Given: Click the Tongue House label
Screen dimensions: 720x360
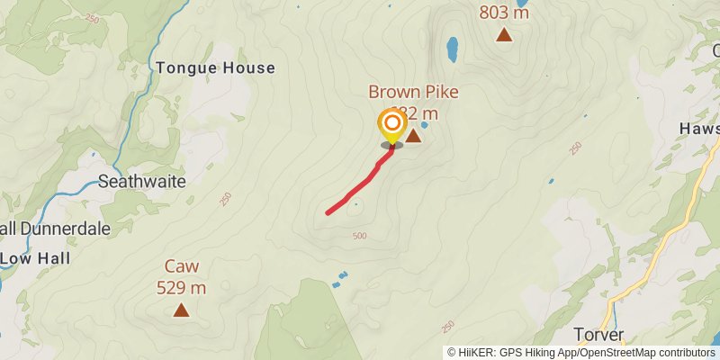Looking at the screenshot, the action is pos(215,67).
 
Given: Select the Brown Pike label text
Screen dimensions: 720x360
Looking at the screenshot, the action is pos(413,92).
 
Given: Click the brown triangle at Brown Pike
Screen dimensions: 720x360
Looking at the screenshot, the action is pos(413,136).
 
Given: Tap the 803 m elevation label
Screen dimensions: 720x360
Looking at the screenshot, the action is pos(504,13).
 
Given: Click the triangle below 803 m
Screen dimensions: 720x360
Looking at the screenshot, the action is pos(504,35).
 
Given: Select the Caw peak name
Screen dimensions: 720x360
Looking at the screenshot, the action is pos(181,266).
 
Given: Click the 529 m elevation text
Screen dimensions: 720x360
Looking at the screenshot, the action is pos(181,288).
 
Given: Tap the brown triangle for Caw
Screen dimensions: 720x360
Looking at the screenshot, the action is pos(181,310).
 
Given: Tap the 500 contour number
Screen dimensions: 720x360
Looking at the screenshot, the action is pos(360,236).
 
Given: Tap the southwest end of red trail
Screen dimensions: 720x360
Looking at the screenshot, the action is pos(328,212).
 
